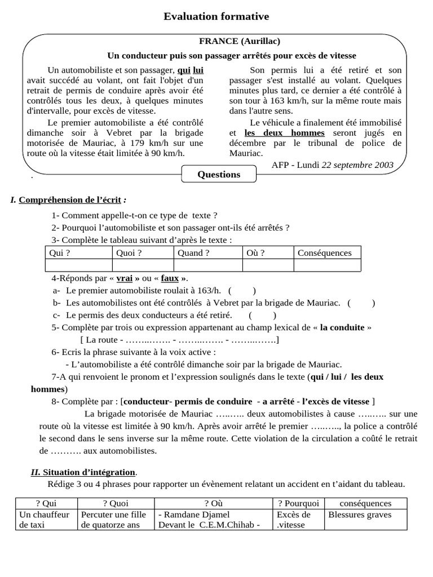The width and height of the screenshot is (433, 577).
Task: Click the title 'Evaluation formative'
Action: pyautogui.click(x=216, y=17)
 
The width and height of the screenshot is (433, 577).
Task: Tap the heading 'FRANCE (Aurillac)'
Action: pyautogui.click(x=239, y=41)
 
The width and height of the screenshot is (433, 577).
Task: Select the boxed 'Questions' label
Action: pyautogui.click(x=219, y=174)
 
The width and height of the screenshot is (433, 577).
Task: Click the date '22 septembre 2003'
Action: pyautogui.click(x=357, y=165)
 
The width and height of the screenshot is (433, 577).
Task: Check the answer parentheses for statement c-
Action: pyautogui.click(x=262, y=316)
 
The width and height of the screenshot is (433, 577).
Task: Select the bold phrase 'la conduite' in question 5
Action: pyautogui.click(x=343, y=328)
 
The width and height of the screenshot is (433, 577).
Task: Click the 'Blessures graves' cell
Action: pyautogui.click(x=360, y=514)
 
